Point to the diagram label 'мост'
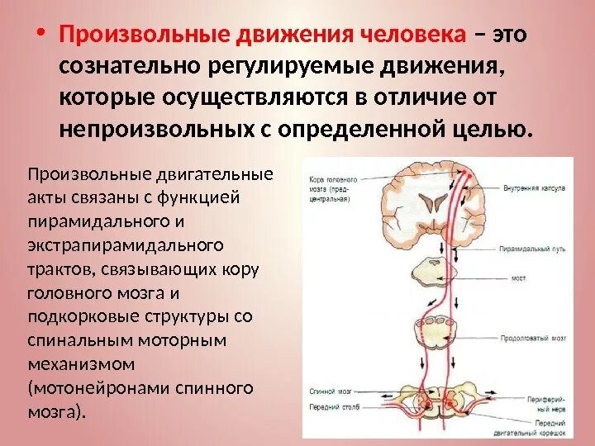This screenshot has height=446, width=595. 518,279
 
